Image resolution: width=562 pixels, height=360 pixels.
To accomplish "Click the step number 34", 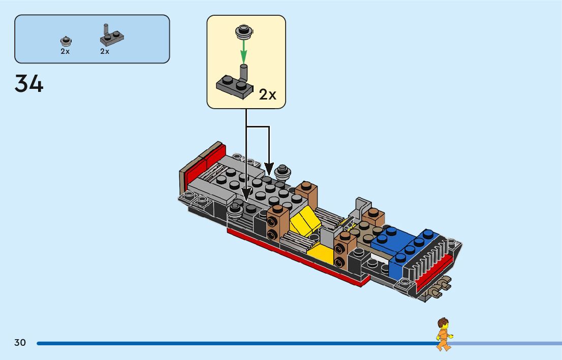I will coord(29,84).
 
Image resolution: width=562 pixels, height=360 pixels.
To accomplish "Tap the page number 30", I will coord(20,343).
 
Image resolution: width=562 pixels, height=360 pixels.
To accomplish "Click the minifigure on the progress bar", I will coord(444,334).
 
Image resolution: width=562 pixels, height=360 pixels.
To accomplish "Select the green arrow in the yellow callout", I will coord(243,50).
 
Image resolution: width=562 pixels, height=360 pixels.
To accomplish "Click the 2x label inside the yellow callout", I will coord(267,94).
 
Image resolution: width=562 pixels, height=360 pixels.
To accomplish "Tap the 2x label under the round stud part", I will coord(65,51).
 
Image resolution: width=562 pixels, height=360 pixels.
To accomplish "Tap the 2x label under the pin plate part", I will coord(105,51).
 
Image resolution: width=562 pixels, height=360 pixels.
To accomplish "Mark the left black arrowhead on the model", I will coord(246,194).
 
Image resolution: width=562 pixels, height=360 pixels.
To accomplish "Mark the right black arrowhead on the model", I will coord(269,169).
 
